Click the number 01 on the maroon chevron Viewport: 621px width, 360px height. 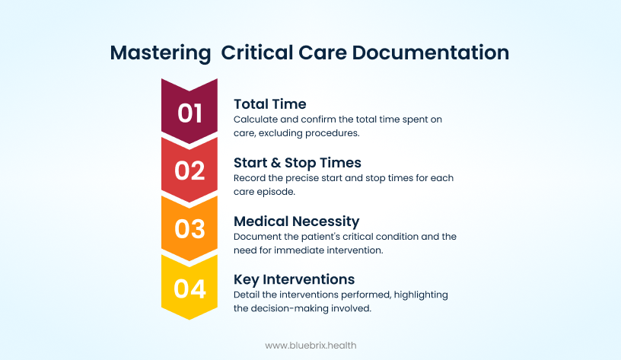point(189,113)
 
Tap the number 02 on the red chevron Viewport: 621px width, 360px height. point(189,170)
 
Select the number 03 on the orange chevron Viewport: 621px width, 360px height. point(189,229)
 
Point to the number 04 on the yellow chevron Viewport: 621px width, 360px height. point(189,288)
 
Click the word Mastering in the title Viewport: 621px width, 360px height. point(161,53)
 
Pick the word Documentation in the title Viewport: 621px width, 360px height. point(431,53)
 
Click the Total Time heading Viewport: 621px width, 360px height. point(269,104)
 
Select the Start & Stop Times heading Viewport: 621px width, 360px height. point(297,163)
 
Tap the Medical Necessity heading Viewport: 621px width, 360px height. point(296,221)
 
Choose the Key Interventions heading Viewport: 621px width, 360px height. point(294,279)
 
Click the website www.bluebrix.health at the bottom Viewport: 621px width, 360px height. point(310,346)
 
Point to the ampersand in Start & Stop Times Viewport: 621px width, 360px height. point(275,163)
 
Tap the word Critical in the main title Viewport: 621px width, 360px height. point(257,53)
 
